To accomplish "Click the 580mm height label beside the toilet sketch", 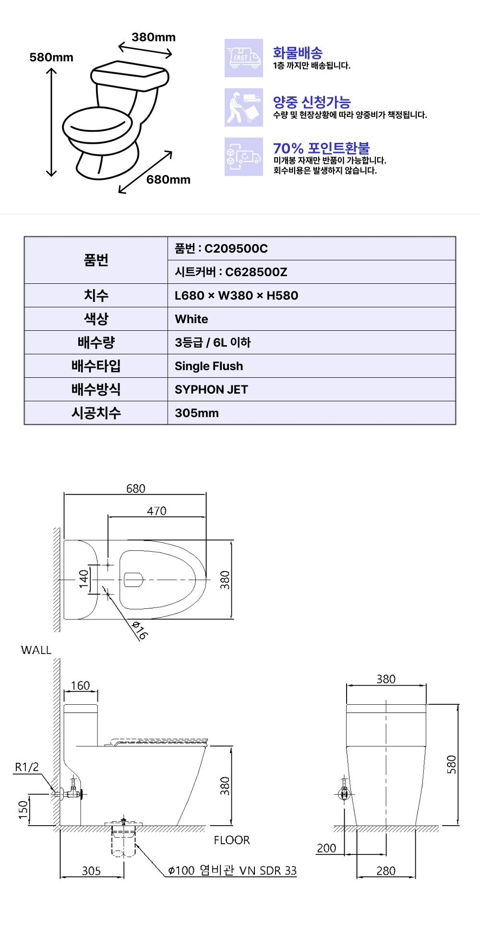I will point(51,58).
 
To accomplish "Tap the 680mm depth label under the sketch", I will point(168,180).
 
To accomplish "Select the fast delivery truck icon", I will point(244,58).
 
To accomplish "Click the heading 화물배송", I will point(298,53).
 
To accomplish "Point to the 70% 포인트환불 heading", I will point(321,148).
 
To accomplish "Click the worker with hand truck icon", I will point(244,107).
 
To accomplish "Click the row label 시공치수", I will point(96,413).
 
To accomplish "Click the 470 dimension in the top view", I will point(156,511).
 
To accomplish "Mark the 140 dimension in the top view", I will point(84,579).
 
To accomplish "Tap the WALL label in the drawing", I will point(36,650).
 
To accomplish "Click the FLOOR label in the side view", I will point(232,840).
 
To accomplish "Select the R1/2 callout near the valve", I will point(27,767).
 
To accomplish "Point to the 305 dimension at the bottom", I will point(91,871).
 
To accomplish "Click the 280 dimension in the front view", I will point(386,871).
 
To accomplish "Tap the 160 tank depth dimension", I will point(81,686).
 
